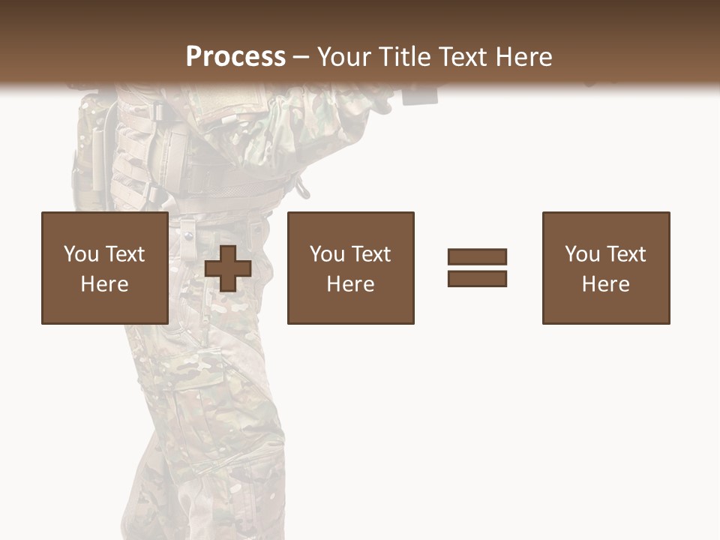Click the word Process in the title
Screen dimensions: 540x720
[x=235, y=56]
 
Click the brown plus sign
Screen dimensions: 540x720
[x=228, y=268]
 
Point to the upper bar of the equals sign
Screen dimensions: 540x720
[x=477, y=257]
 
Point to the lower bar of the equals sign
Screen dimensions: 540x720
[x=477, y=278]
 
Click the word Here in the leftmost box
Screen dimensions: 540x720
[x=104, y=284]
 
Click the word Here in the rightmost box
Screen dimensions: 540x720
[x=605, y=284]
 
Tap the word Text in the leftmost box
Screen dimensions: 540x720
[x=125, y=254]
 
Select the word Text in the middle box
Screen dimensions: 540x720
[x=371, y=254]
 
